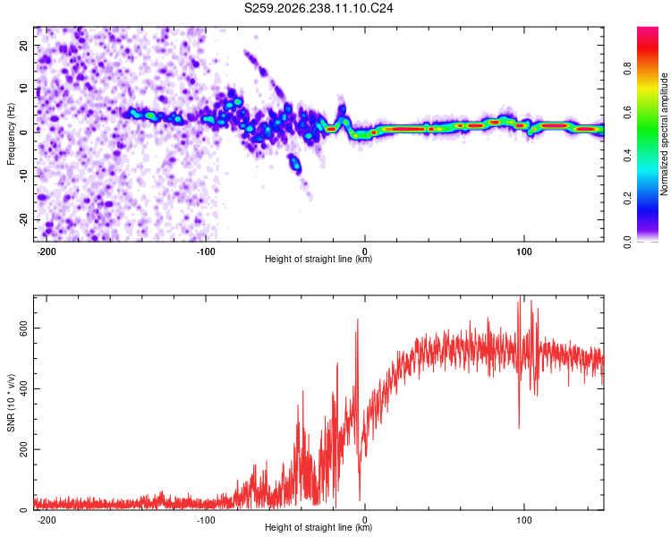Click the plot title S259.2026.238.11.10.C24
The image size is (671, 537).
(319, 8)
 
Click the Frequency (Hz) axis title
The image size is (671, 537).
(11, 134)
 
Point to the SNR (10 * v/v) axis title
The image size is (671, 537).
(11, 403)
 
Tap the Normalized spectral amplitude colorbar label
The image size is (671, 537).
(664, 134)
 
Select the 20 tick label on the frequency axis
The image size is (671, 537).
(23, 46)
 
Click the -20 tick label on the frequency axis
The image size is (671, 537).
(23, 220)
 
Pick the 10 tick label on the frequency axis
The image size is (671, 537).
(23, 89)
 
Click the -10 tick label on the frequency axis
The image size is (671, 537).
(23, 176)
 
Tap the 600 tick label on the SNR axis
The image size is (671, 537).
(23, 328)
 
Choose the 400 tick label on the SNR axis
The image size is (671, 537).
(23, 388)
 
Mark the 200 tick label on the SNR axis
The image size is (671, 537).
(23, 449)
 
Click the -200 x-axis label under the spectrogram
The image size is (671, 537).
(47, 251)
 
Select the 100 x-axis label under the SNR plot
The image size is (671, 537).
(523, 520)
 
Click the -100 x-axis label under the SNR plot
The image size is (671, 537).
(206, 520)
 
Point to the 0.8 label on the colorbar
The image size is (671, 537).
(627, 69)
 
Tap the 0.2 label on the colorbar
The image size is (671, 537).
(627, 199)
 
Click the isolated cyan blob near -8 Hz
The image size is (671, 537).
(295, 163)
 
